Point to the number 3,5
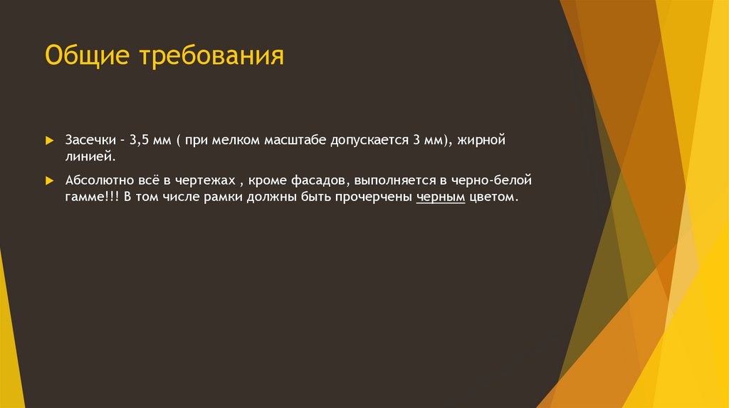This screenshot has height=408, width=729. (139, 140)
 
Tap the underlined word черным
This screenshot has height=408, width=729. (441, 197)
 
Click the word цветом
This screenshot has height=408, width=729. (491, 197)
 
